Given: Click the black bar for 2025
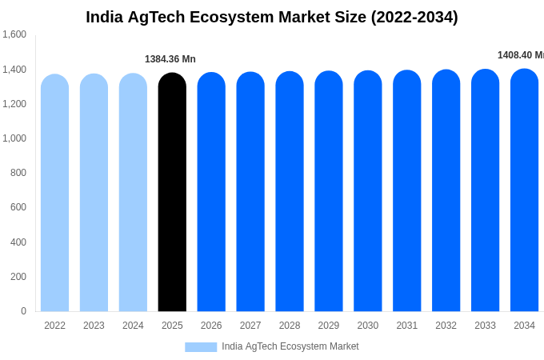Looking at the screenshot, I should click(x=172, y=192).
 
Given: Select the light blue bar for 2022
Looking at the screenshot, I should click(x=54, y=193).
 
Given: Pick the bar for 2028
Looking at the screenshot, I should click(x=290, y=191).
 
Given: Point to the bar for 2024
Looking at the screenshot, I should click(x=133, y=192).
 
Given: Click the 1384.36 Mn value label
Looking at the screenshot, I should click(x=170, y=59).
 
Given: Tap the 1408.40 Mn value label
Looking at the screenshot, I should click(x=520, y=55).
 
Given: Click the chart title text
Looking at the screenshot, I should click(x=272, y=17).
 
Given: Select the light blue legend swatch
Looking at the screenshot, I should click(x=201, y=347).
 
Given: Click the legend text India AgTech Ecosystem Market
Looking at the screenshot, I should click(x=290, y=346).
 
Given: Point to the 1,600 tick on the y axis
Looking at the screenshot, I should click(x=14, y=34).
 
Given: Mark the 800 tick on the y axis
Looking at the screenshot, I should click(x=18, y=173).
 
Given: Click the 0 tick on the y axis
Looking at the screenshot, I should click(x=23, y=311).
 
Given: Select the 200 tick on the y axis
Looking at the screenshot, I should click(x=18, y=277).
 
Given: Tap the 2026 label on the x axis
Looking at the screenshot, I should click(x=211, y=326).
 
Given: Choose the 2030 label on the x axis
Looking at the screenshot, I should click(x=368, y=326).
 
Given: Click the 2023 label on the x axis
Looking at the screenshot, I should click(x=94, y=326).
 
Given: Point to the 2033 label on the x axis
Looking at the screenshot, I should click(x=485, y=326).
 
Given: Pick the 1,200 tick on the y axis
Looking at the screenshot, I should click(x=14, y=104).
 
